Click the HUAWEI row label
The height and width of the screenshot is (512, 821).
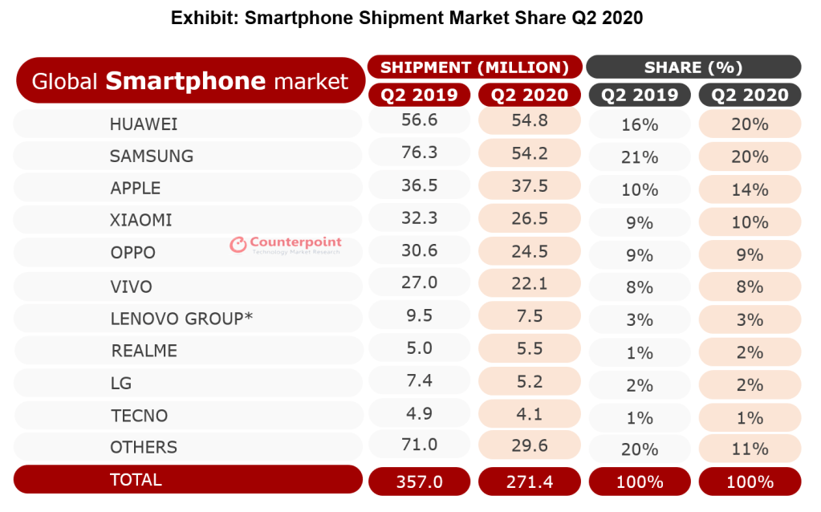(x=144, y=124)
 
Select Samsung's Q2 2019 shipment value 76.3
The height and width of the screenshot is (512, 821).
(x=419, y=156)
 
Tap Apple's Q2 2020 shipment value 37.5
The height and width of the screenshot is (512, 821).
(x=529, y=188)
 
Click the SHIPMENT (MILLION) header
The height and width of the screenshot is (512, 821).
(x=474, y=67)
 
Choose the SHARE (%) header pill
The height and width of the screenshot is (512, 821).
(x=693, y=67)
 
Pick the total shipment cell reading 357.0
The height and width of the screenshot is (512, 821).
(x=419, y=482)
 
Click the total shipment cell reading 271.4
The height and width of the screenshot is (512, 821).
(x=529, y=482)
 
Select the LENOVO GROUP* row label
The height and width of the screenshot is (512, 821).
(x=181, y=319)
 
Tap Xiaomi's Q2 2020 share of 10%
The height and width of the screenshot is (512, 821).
(x=750, y=221)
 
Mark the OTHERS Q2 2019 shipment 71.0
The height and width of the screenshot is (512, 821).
(x=419, y=446)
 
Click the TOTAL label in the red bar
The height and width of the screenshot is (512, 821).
(x=136, y=480)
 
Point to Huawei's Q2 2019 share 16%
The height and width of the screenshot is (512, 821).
(x=639, y=125)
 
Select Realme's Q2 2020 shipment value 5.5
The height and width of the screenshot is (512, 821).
(x=529, y=350)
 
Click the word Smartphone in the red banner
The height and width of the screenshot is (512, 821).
(x=185, y=81)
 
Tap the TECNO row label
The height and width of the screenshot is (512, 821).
(x=139, y=416)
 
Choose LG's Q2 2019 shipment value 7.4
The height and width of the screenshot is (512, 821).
(x=419, y=382)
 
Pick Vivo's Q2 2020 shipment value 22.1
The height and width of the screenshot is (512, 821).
(x=529, y=286)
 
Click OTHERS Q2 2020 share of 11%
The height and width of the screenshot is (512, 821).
(x=750, y=448)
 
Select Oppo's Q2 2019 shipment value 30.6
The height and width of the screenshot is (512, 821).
(x=419, y=252)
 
